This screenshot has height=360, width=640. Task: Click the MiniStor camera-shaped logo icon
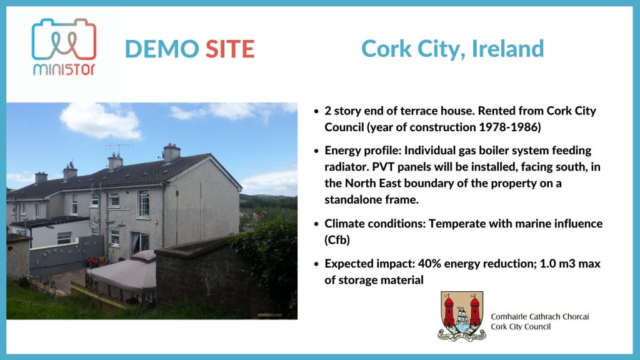[x=64, y=39]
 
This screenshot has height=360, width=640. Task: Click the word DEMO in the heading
[x=162, y=49]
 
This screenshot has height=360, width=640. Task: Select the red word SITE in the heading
[x=230, y=49]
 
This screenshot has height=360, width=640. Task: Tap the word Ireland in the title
[x=507, y=49]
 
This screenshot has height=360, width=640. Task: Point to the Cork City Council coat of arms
[x=462, y=316]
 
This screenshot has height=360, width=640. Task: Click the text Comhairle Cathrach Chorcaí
[x=540, y=317]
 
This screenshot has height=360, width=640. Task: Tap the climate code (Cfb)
[x=337, y=240]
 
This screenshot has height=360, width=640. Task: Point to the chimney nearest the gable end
[x=171, y=152]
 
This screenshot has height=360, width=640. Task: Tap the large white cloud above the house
[x=100, y=121]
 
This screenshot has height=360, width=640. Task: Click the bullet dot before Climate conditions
[x=316, y=224]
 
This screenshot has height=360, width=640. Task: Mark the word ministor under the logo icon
[x=64, y=69]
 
